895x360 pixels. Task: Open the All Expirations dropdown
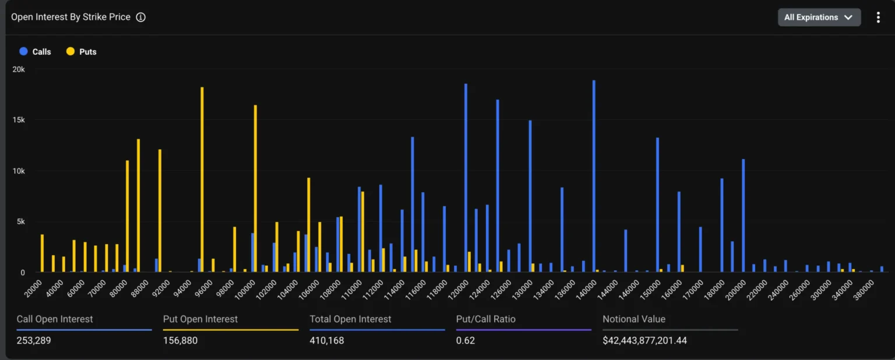(819, 17)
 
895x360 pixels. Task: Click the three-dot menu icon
(878, 17)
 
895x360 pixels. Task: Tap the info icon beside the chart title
(140, 17)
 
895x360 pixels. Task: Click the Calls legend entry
(36, 52)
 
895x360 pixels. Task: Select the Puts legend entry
(82, 52)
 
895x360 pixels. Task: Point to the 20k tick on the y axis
(18, 69)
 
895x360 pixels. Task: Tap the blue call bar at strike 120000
(466, 178)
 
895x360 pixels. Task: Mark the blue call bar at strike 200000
(743, 216)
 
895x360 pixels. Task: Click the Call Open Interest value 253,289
(34, 340)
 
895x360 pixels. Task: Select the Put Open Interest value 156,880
(180, 340)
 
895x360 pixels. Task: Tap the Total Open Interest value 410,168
(326, 340)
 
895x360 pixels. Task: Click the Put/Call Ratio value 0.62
(466, 340)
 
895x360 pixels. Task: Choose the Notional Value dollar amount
(644, 340)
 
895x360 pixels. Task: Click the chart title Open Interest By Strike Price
(71, 17)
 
